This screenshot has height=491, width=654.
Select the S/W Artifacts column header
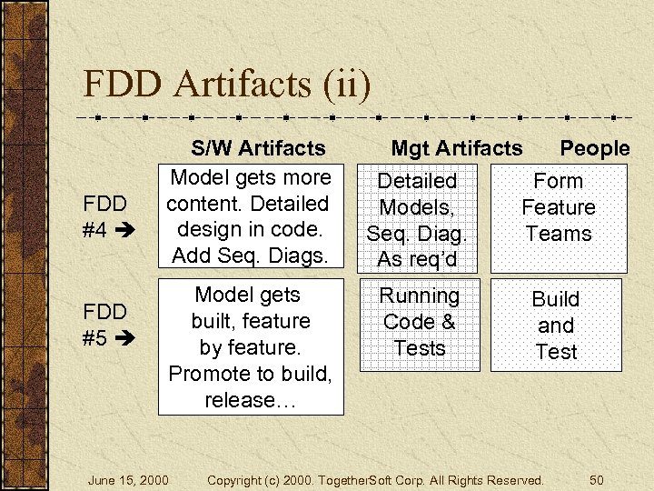pyautogui.click(x=257, y=147)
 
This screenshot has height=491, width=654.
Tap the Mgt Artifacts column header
pyautogui.click(x=456, y=147)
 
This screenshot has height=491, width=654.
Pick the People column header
pyautogui.click(x=594, y=147)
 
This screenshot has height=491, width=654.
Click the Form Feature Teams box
pyautogui.click(x=558, y=207)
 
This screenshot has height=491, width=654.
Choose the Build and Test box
pyautogui.click(x=556, y=326)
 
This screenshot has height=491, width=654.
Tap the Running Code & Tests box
pyautogui.click(x=420, y=322)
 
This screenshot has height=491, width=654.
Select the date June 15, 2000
pyautogui.click(x=128, y=479)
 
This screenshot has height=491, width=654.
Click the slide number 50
pyautogui.click(x=596, y=479)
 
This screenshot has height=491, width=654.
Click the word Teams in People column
pyautogui.click(x=558, y=234)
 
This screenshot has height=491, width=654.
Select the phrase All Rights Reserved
pyautogui.click(x=489, y=479)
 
